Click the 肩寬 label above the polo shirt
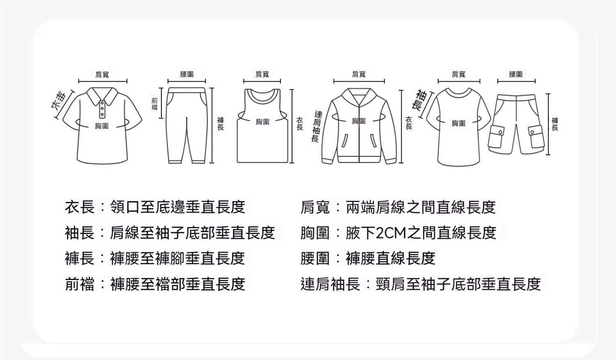(x=102, y=74)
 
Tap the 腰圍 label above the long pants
(x=187, y=74)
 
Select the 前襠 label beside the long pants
(x=154, y=104)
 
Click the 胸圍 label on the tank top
(x=262, y=122)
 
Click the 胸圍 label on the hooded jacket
(x=359, y=121)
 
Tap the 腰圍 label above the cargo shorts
(x=516, y=74)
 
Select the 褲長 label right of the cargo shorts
(x=555, y=124)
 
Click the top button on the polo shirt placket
(x=102, y=103)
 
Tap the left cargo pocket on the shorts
(x=496, y=137)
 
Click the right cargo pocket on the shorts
(x=536, y=136)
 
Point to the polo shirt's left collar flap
(x=94, y=96)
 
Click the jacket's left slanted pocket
(x=345, y=141)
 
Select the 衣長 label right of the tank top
(x=300, y=124)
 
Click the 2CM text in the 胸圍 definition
(x=391, y=233)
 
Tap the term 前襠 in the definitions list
(x=80, y=284)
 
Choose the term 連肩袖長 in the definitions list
(x=330, y=284)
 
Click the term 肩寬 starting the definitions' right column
(x=315, y=207)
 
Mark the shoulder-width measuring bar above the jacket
(x=359, y=81)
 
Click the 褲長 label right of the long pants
(x=221, y=124)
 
